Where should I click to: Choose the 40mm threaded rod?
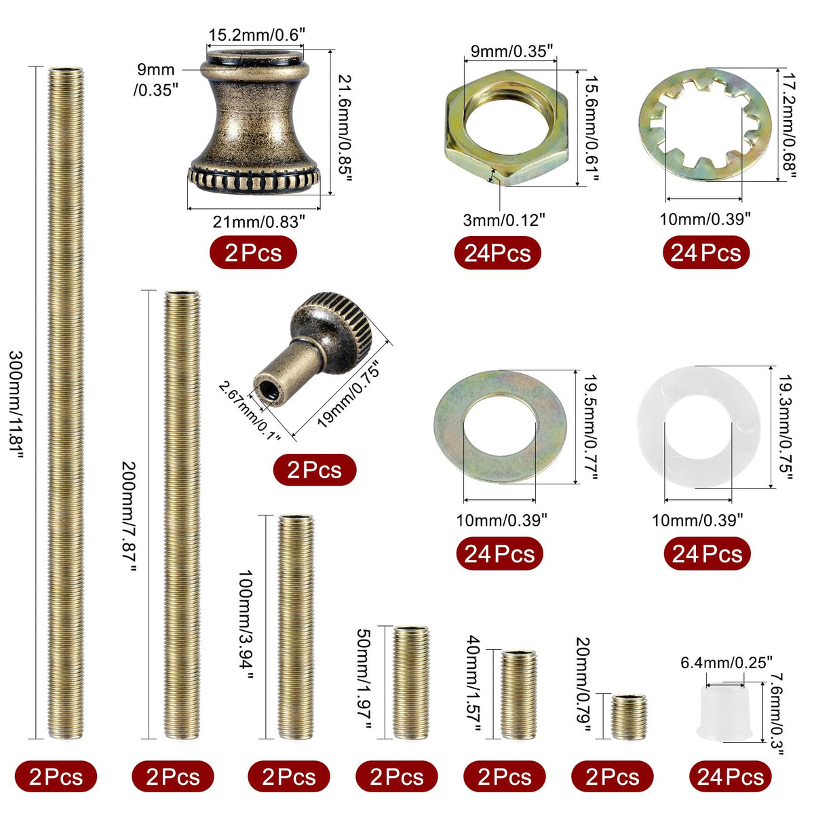519,695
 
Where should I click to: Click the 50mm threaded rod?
411,682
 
